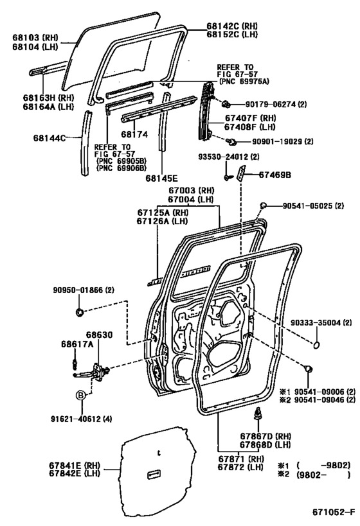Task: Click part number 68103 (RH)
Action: [35, 37]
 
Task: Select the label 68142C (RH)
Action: [231, 26]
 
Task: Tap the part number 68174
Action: [134, 134]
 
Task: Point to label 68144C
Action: [50, 137]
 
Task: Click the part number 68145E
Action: [161, 178]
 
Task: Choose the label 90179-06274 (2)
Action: [276, 104]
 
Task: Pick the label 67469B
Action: [274, 175]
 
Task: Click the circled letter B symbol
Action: [80, 395]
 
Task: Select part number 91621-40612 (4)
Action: [82, 419]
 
